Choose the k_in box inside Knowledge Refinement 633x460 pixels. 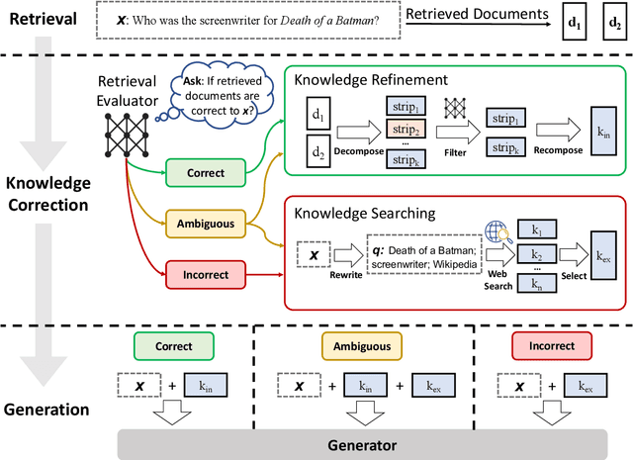click(x=599, y=132)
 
